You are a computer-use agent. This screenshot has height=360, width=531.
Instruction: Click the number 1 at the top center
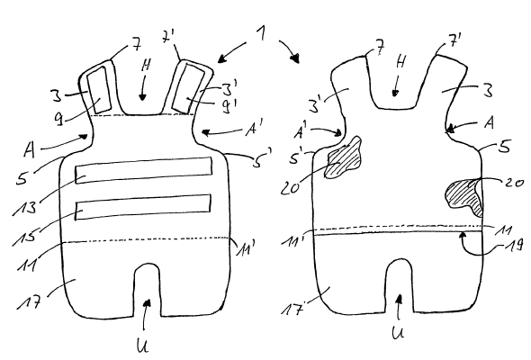pyautogui.click(x=261, y=34)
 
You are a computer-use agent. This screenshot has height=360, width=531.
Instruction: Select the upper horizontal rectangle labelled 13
pyautogui.click(x=144, y=170)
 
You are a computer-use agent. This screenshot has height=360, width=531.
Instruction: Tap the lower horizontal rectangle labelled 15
pyautogui.click(x=143, y=207)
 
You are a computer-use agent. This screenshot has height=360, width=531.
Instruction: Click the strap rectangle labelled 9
pyautogui.click(x=99, y=90)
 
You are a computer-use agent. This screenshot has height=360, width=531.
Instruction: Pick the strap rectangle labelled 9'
pyautogui.click(x=189, y=88)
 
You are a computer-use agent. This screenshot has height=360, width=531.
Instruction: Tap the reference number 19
pyautogui.click(x=514, y=245)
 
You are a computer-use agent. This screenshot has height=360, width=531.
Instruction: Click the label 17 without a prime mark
pyautogui.click(x=30, y=301)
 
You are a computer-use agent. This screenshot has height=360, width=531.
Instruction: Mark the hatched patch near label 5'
pyautogui.click(x=343, y=157)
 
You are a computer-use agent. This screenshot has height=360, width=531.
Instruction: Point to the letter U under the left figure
pyautogui.click(x=142, y=345)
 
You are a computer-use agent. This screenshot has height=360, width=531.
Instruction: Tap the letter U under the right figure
pyautogui.click(x=398, y=333)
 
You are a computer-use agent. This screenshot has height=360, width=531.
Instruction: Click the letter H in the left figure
pyautogui.click(x=146, y=66)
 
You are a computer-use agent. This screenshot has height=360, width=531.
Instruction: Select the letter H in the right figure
pyautogui.click(x=400, y=62)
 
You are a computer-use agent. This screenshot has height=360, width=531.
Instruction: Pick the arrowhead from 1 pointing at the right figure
pyautogui.click(x=296, y=58)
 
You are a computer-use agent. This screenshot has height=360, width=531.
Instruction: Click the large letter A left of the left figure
pyautogui.click(x=30, y=149)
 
